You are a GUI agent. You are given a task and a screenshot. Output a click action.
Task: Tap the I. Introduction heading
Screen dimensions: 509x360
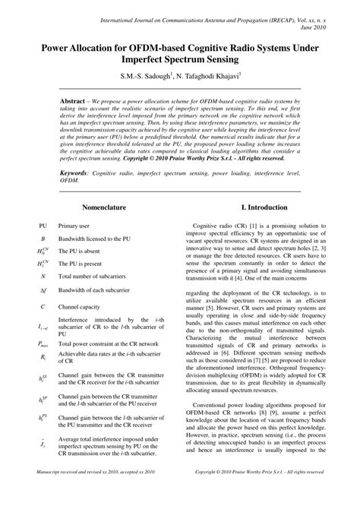click(264, 207)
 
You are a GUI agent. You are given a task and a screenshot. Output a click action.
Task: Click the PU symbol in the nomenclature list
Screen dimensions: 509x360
click(43, 226)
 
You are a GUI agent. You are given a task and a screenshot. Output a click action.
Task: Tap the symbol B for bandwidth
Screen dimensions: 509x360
click(43, 238)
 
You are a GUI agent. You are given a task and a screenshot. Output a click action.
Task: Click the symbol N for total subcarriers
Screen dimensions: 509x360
click(43, 275)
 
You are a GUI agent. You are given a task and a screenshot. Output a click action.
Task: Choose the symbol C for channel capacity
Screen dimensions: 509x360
click(43, 306)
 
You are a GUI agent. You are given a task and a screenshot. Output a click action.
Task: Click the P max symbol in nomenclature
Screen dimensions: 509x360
click(43, 343)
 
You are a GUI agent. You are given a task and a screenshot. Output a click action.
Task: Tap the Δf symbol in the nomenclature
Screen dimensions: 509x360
click(43, 290)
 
